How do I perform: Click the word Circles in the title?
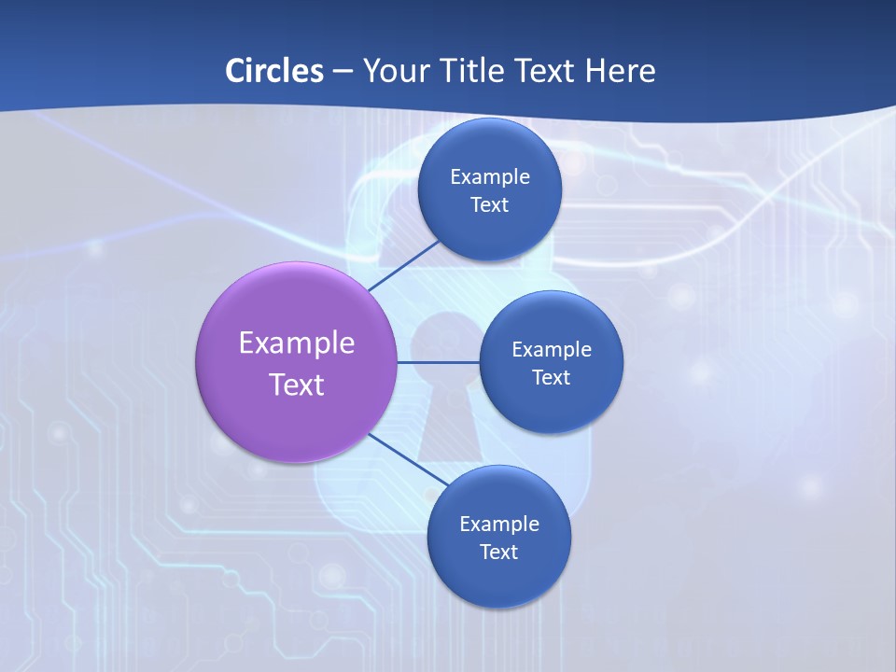[273, 70]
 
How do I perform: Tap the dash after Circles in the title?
[343, 71]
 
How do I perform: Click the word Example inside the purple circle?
[297, 343]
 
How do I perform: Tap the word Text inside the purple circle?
[297, 385]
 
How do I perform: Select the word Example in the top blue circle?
[490, 176]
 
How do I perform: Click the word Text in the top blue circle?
[490, 204]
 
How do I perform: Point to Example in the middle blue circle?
[552, 349]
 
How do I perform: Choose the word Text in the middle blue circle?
[552, 377]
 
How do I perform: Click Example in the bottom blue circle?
[499, 524]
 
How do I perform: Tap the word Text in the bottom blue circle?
[499, 552]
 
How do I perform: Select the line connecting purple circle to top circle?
[405, 265]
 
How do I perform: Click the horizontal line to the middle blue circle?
[439, 361]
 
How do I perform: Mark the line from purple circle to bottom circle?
[409, 459]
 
